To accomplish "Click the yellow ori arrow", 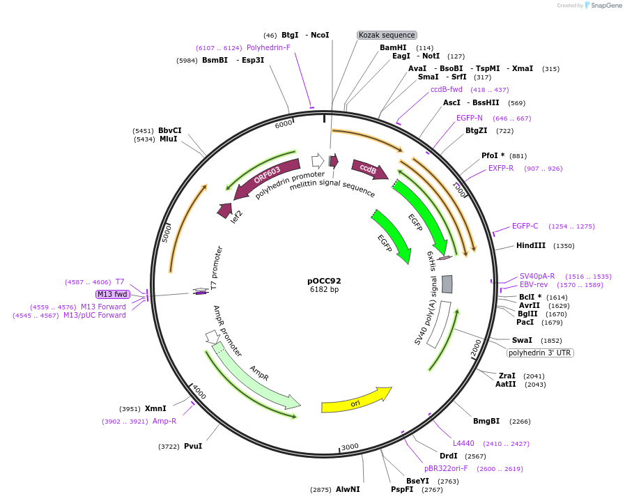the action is click(x=356, y=401).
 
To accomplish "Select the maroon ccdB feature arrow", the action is click(x=367, y=169).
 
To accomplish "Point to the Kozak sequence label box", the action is click(x=387, y=35).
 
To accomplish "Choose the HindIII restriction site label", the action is click(x=531, y=245).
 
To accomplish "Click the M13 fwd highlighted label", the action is click(x=112, y=294).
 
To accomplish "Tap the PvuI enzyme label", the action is click(x=193, y=446).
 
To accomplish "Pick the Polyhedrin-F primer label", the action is click(x=268, y=47).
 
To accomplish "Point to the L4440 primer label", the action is click(x=463, y=443).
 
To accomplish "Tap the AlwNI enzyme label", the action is click(x=348, y=489).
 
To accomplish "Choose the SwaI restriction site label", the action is click(x=522, y=340).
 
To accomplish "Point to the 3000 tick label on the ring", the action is click(x=350, y=447).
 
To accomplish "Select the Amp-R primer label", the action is click(x=164, y=421).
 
